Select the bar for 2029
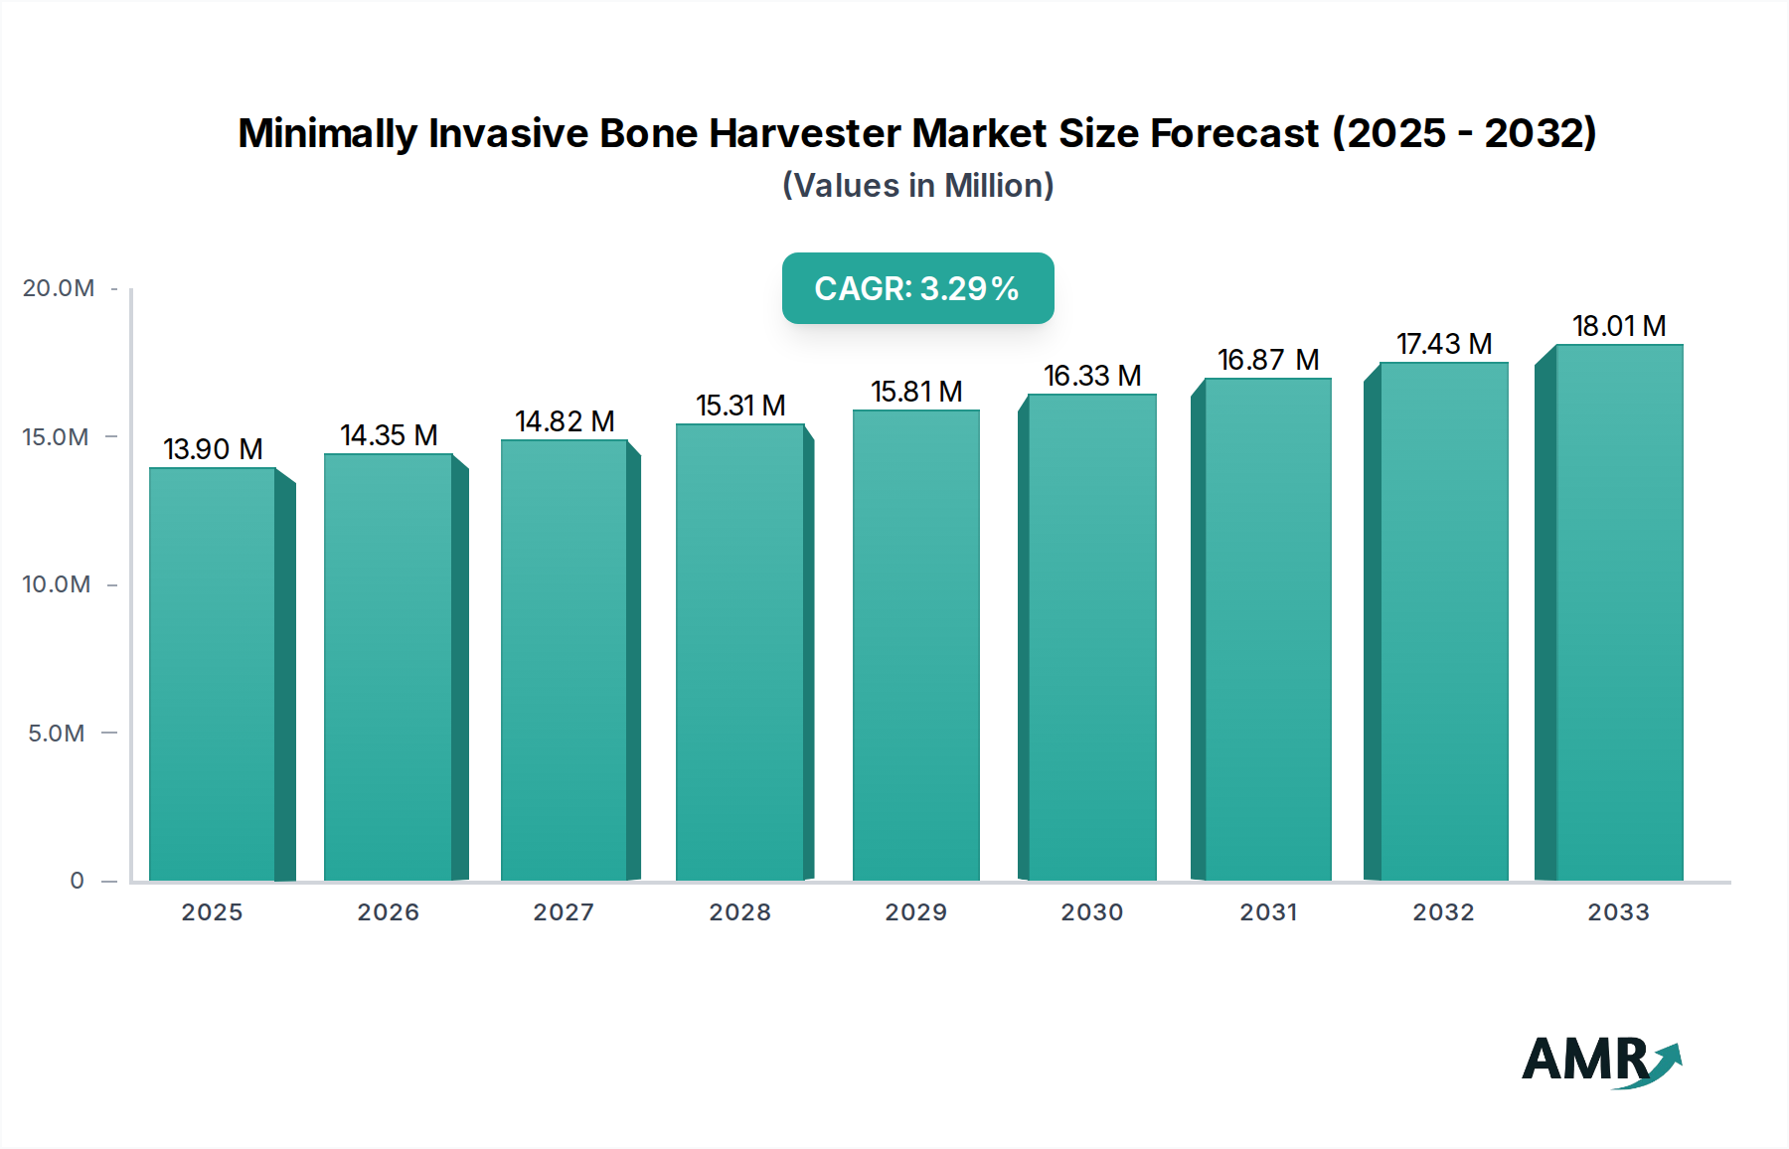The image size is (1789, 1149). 915,645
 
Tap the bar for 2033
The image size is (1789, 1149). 1618,612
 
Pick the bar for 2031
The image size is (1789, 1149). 1267,629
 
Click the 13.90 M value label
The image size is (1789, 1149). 213,449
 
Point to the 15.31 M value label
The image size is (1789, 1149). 740,406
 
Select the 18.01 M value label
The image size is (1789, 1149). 1618,326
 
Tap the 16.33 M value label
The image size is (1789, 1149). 1091,376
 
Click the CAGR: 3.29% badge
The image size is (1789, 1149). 917,288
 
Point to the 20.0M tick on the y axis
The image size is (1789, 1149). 59,288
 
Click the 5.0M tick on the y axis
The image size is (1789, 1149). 57,734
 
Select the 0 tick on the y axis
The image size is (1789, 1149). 77,881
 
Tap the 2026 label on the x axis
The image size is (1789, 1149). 388,912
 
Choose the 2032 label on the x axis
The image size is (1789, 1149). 1443,912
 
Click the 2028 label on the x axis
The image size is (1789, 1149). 739,912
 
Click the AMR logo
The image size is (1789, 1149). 1600,1061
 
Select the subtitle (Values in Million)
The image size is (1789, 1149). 917,186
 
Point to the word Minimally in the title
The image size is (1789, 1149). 328,133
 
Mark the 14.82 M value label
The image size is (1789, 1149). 565,421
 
